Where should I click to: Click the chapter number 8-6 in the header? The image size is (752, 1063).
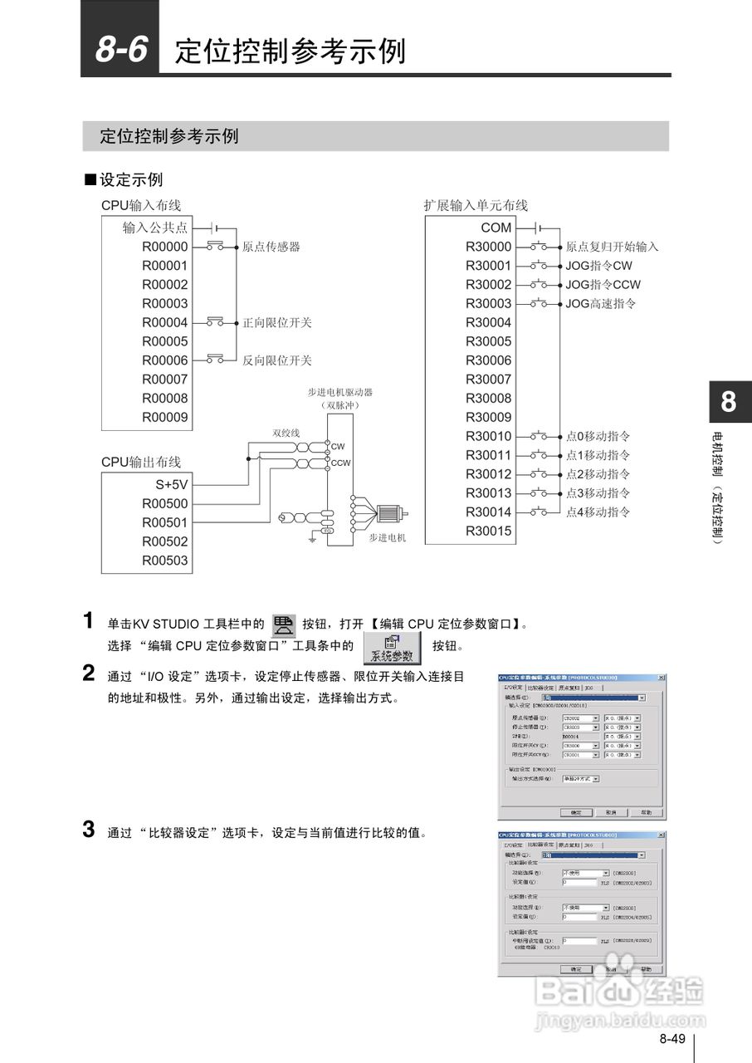120,50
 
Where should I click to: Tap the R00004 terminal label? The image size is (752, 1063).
164,322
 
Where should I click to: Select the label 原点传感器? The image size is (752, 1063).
271,247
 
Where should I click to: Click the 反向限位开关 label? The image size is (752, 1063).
277,360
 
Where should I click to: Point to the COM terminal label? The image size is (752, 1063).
496,228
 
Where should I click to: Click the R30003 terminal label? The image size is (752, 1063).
488,304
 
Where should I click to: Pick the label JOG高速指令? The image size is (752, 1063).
601,304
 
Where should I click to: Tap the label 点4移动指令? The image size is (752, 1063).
598,512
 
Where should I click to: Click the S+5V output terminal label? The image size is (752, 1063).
172,485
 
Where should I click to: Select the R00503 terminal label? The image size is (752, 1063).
164,561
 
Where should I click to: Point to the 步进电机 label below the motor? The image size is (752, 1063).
388,538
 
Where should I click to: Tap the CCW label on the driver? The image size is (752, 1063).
341,463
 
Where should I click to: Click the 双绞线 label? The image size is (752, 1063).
286,433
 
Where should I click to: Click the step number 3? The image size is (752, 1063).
88,830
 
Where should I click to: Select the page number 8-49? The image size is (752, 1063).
672,1039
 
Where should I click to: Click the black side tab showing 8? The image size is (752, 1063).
728,403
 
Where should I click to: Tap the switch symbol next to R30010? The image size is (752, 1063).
540,436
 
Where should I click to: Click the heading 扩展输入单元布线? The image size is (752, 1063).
476,205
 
